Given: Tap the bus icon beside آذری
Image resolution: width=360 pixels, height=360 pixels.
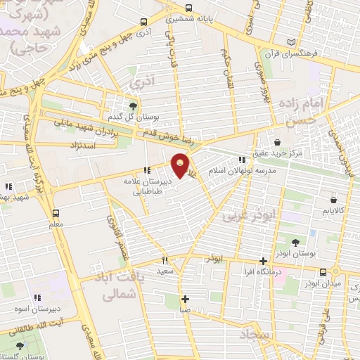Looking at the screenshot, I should [143, 23].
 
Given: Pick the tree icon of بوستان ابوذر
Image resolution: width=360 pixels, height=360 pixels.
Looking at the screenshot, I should [304, 243].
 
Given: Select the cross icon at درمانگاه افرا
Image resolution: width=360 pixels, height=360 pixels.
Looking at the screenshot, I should [264, 261].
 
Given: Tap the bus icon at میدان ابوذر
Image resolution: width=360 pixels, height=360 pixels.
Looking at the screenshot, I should [323, 271].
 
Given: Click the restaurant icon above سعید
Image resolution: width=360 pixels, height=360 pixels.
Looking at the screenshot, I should [164, 261].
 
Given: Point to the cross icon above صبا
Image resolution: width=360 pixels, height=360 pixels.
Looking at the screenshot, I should [185, 299].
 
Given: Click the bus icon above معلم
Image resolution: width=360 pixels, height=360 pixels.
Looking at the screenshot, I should [56, 213].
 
